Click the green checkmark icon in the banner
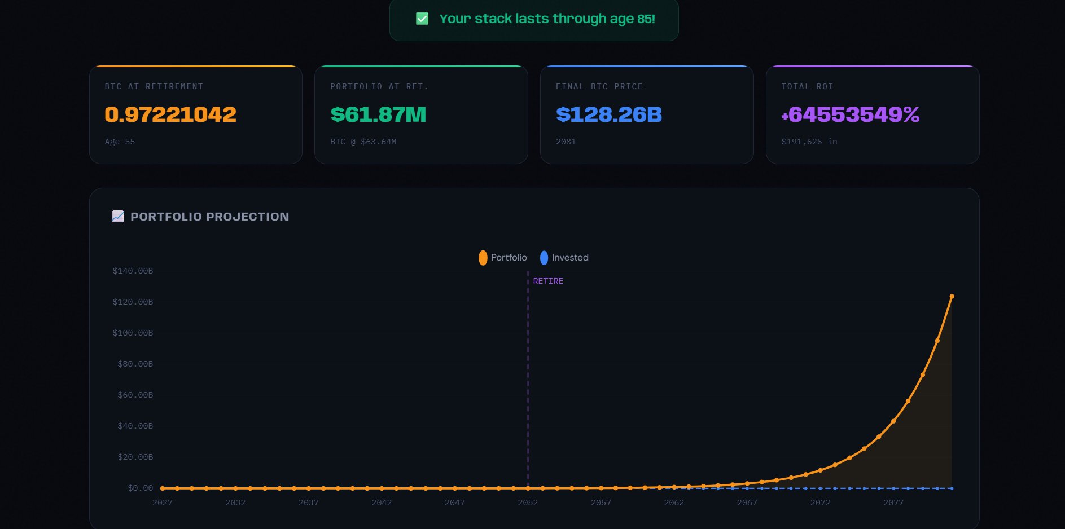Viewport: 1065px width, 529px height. click(422, 19)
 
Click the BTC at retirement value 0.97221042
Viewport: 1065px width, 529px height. click(170, 114)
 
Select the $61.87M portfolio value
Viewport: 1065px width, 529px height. click(378, 114)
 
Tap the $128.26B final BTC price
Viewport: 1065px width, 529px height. click(608, 114)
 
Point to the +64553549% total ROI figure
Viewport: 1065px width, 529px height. click(850, 114)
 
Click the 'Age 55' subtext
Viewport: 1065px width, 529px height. click(120, 142)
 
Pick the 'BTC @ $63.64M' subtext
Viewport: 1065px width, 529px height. click(363, 142)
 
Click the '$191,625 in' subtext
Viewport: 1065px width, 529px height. click(809, 142)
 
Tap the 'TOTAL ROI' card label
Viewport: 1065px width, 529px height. click(807, 86)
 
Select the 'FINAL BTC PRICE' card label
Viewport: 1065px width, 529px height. click(599, 86)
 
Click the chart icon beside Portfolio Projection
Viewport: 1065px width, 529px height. click(117, 216)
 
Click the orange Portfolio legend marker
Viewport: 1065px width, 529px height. click(483, 258)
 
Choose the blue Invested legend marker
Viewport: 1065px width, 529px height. click(544, 258)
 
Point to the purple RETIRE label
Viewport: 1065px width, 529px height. click(548, 281)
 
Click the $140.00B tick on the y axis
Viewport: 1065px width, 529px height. click(133, 271)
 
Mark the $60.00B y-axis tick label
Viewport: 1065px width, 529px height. click(135, 395)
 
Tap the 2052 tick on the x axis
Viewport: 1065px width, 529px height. click(528, 502)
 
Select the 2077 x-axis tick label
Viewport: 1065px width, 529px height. click(893, 502)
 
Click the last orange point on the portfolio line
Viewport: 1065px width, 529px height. click(952, 297)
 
